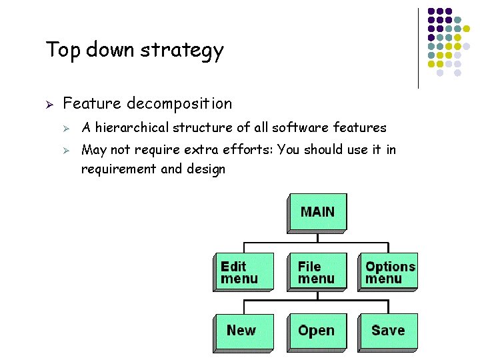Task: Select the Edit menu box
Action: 243,272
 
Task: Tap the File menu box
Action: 316,272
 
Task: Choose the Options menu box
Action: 388,272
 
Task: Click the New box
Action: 241,331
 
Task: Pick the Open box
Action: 316,331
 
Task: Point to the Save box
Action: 387,331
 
